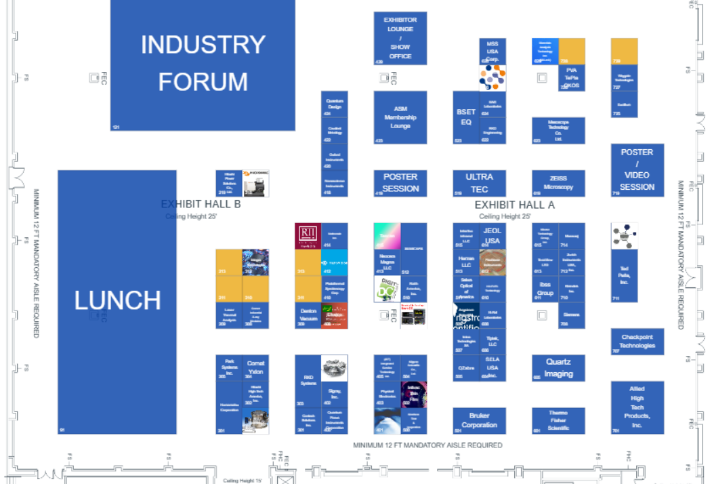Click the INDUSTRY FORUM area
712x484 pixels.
(x=203, y=64)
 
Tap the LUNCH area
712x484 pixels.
(x=117, y=300)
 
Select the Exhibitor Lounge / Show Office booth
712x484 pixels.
(x=400, y=38)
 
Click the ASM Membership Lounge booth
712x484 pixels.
(x=400, y=117)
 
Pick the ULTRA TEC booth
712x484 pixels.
(x=479, y=183)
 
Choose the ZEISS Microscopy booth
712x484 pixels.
(x=558, y=183)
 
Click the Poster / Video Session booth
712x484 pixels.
(x=637, y=169)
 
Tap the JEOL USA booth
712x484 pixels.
(x=493, y=236)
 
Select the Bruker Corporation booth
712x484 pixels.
(x=479, y=420)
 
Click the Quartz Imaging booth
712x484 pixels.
(x=558, y=368)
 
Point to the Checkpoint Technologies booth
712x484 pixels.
(x=637, y=341)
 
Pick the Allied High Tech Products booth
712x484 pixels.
(x=637, y=407)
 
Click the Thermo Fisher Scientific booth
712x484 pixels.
(x=558, y=420)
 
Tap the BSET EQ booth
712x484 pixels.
(x=466, y=117)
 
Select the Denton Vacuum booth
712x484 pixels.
(x=308, y=315)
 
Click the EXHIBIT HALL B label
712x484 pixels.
(x=201, y=204)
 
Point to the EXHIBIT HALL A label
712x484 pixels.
(x=514, y=205)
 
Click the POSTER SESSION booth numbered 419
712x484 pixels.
(x=400, y=183)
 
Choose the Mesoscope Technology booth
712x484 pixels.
(x=558, y=130)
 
